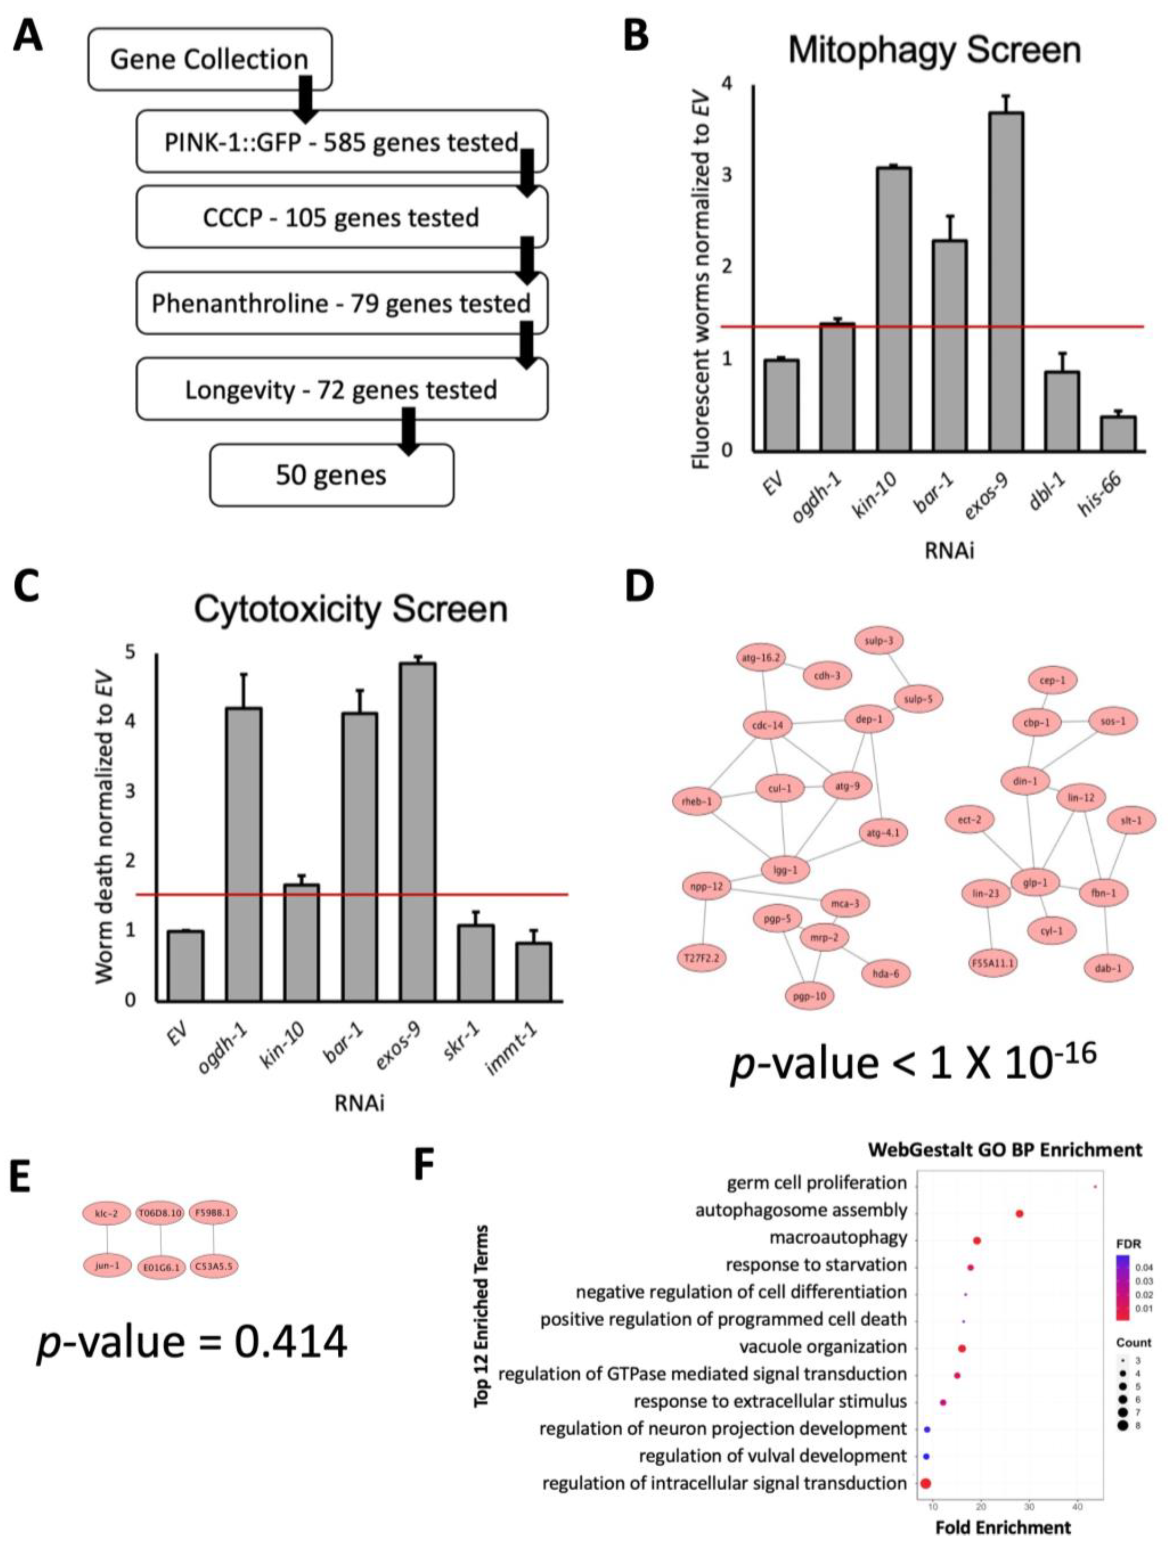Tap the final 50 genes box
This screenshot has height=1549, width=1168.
pyautogui.click(x=331, y=475)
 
